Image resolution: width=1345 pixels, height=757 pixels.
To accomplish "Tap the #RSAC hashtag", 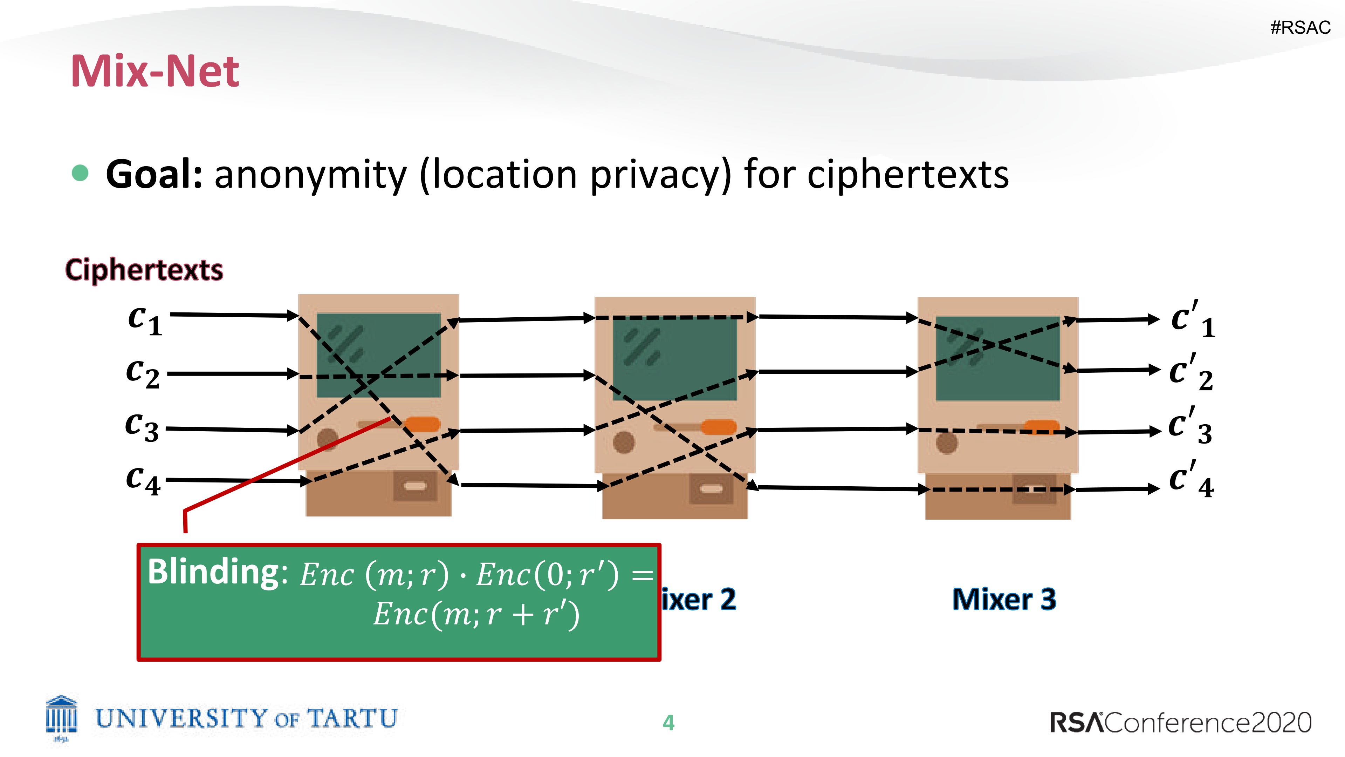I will (x=1300, y=27).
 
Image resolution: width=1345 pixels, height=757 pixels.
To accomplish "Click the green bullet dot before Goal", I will (x=80, y=173).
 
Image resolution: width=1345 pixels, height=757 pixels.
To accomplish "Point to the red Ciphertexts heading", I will (x=144, y=270).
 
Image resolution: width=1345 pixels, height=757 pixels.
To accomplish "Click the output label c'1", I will (x=1193, y=319).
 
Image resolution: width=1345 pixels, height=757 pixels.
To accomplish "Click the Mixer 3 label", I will (x=1004, y=599).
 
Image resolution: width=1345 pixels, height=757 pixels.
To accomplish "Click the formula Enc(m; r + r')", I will (x=476, y=614).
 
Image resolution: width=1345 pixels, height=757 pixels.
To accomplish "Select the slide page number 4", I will (x=668, y=723).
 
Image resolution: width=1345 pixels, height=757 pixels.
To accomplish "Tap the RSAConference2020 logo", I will (x=1181, y=723).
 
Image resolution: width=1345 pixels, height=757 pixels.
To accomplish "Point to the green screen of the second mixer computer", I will (x=674, y=358).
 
